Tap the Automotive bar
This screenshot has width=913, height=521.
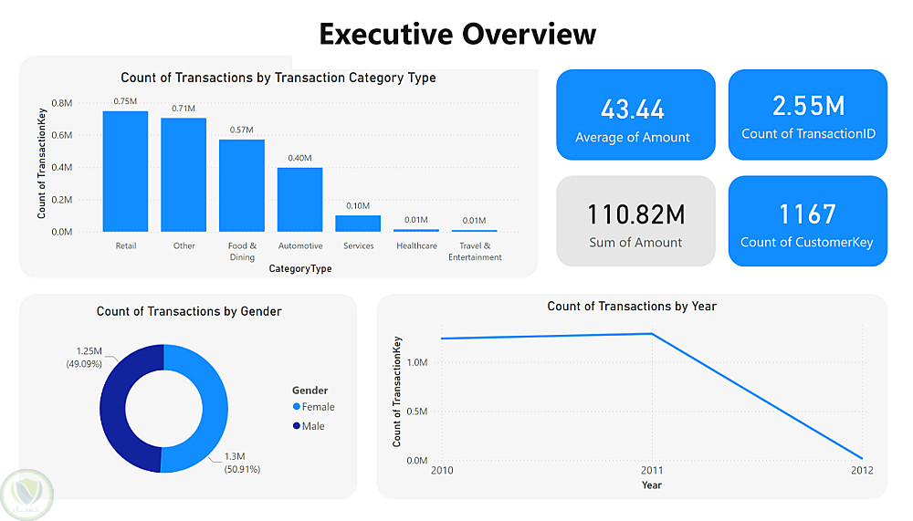pos(300,200)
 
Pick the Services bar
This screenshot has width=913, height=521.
pos(358,224)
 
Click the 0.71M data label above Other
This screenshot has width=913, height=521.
pos(184,109)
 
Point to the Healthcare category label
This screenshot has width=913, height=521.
pos(416,246)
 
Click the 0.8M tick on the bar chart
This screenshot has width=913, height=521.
pos(62,103)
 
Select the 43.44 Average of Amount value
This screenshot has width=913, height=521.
pos(633,109)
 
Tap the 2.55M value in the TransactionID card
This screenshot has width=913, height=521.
pos(808,106)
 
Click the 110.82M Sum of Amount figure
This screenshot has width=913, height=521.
pos(635,215)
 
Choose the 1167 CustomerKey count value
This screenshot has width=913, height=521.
pos(807,214)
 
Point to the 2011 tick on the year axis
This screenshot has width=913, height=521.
pos(651,471)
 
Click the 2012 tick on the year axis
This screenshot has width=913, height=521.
pos(861,471)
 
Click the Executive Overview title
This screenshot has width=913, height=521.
pos(457,34)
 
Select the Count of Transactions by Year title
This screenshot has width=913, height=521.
pos(632,307)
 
